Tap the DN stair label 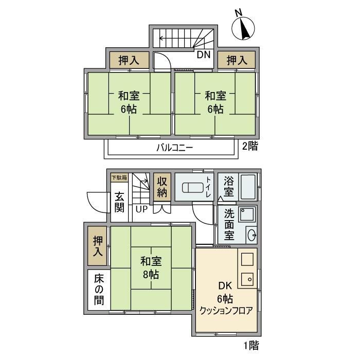pos(204,55)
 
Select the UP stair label pos(141,209)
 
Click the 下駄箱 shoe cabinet pos(119,178)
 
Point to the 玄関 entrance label pos(119,202)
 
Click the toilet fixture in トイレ pos(193,188)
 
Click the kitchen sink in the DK pos(247,279)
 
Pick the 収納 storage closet pos(162,187)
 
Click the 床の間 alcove pos(99,289)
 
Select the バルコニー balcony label pos(175,148)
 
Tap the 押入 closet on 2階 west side pos(129,60)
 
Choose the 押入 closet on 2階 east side pos(237,60)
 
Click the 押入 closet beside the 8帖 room pos(97,246)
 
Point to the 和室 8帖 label pos(151,268)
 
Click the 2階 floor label pos(250,146)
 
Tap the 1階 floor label pos(251,345)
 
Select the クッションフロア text pos(226,311)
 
